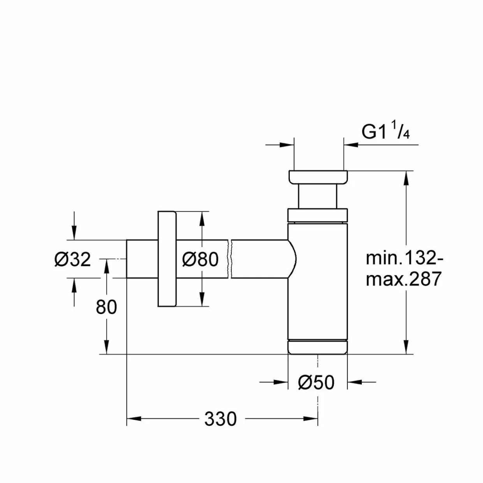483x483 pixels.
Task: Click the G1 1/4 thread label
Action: [x=386, y=132]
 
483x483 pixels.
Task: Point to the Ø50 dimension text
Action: [x=316, y=383]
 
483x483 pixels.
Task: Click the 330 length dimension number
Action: [x=220, y=419]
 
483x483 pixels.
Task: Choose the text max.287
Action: [x=403, y=279]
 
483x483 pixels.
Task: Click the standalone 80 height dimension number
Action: [x=106, y=307]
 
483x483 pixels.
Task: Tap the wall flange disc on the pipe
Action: [x=167, y=259]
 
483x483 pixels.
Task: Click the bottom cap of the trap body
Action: [x=317, y=347]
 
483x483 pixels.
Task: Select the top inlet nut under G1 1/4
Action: [x=318, y=177]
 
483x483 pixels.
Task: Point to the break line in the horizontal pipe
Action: [x=229, y=259]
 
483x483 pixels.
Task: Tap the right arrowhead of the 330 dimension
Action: [x=310, y=419]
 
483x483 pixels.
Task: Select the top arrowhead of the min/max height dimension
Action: [x=406, y=178]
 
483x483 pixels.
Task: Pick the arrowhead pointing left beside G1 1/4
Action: [x=351, y=145]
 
